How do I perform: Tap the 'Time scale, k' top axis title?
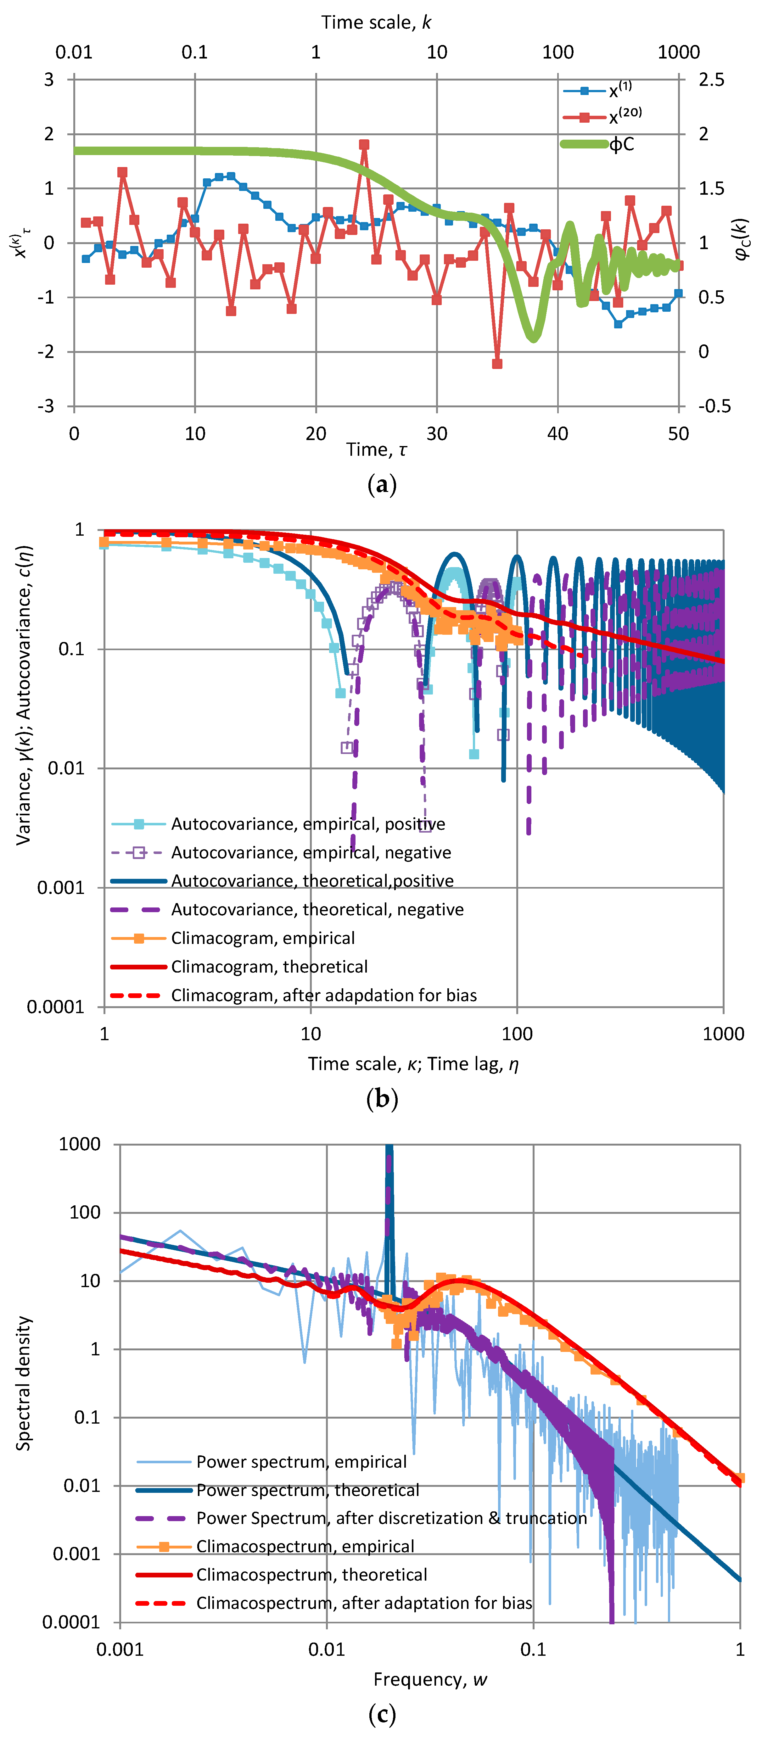pyautogui.click(x=376, y=22)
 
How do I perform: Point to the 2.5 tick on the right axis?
pyautogui.click(x=711, y=80)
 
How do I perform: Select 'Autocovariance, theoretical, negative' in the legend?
pyautogui.click(x=317, y=910)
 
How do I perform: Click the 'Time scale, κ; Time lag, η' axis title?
pyautogui.click(x=413, y=1064)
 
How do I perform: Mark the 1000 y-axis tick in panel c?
pyautogui.click(x=80, y=1144)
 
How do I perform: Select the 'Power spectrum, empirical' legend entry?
pyautogui.click(x=301, y=1462)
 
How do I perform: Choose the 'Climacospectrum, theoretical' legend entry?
pyautogui.click(x=312, y=1574)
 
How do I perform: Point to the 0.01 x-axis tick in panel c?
pyautogui.click(x=327, y=1649)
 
